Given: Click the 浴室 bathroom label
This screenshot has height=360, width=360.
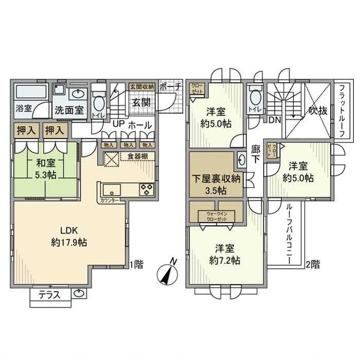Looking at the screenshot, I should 23,107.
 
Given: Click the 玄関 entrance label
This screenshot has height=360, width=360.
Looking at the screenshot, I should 141,102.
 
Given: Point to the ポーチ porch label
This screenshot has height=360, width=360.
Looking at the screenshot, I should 170,87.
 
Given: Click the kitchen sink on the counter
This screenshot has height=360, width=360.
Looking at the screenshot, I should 109,188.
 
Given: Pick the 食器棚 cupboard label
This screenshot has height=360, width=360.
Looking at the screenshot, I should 137,156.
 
